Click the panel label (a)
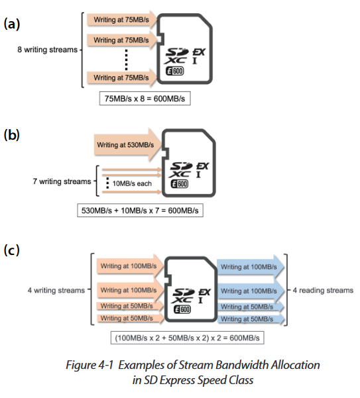pos(12,25)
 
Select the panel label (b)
pos(12,135)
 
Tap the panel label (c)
pos(11,250)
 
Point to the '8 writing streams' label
pos(47,50)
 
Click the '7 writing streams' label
pos(62,181)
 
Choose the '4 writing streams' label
pos(56,290)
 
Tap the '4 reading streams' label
pos(323,290)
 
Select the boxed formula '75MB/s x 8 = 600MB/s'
pos(145,99)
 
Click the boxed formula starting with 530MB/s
pos(140,211)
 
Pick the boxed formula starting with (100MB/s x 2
pos(187,338)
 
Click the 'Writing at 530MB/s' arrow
pos(127,145)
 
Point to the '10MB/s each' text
pos(132,183)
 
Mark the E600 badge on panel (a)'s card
pos(175,71)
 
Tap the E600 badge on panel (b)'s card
pos(180,184)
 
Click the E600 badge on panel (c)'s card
pos(182,309)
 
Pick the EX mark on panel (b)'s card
pos(202,166)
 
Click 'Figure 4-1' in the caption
pos(90,366)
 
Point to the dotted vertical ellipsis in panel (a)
pos(126,60)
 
